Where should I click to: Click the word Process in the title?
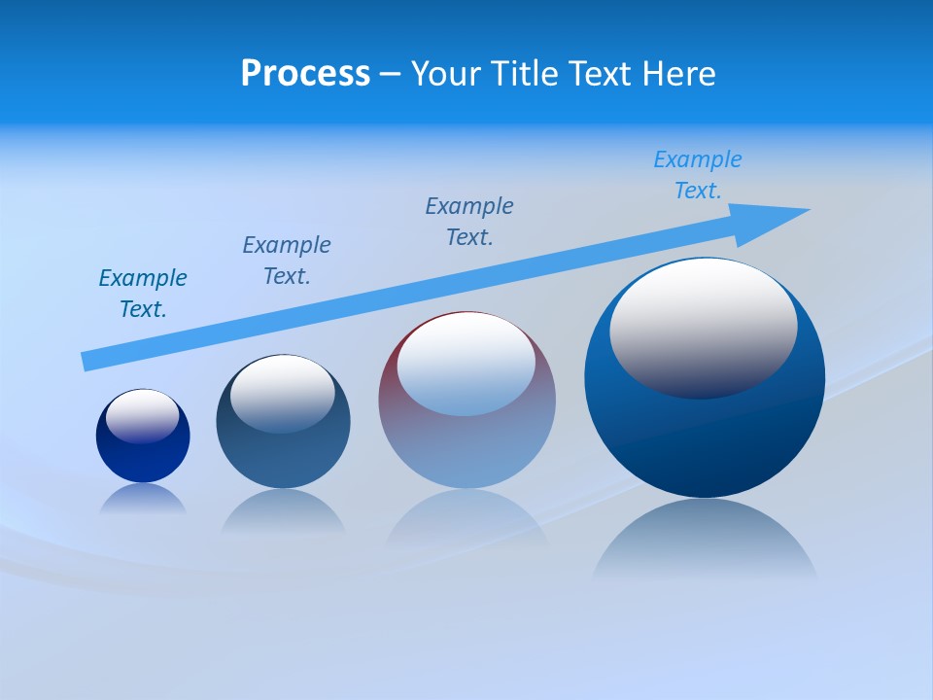point(305,74)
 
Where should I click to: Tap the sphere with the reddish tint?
point(466,447)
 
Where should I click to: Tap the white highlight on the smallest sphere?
point(142,415)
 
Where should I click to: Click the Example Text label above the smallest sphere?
point(143,294)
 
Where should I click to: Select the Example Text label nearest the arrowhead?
point(697,175)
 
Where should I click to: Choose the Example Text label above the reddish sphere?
point(469,222)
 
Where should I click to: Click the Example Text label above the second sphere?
point(287,261)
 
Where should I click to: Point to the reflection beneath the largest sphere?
point(705,540)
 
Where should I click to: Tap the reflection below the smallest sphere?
point(143,500)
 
